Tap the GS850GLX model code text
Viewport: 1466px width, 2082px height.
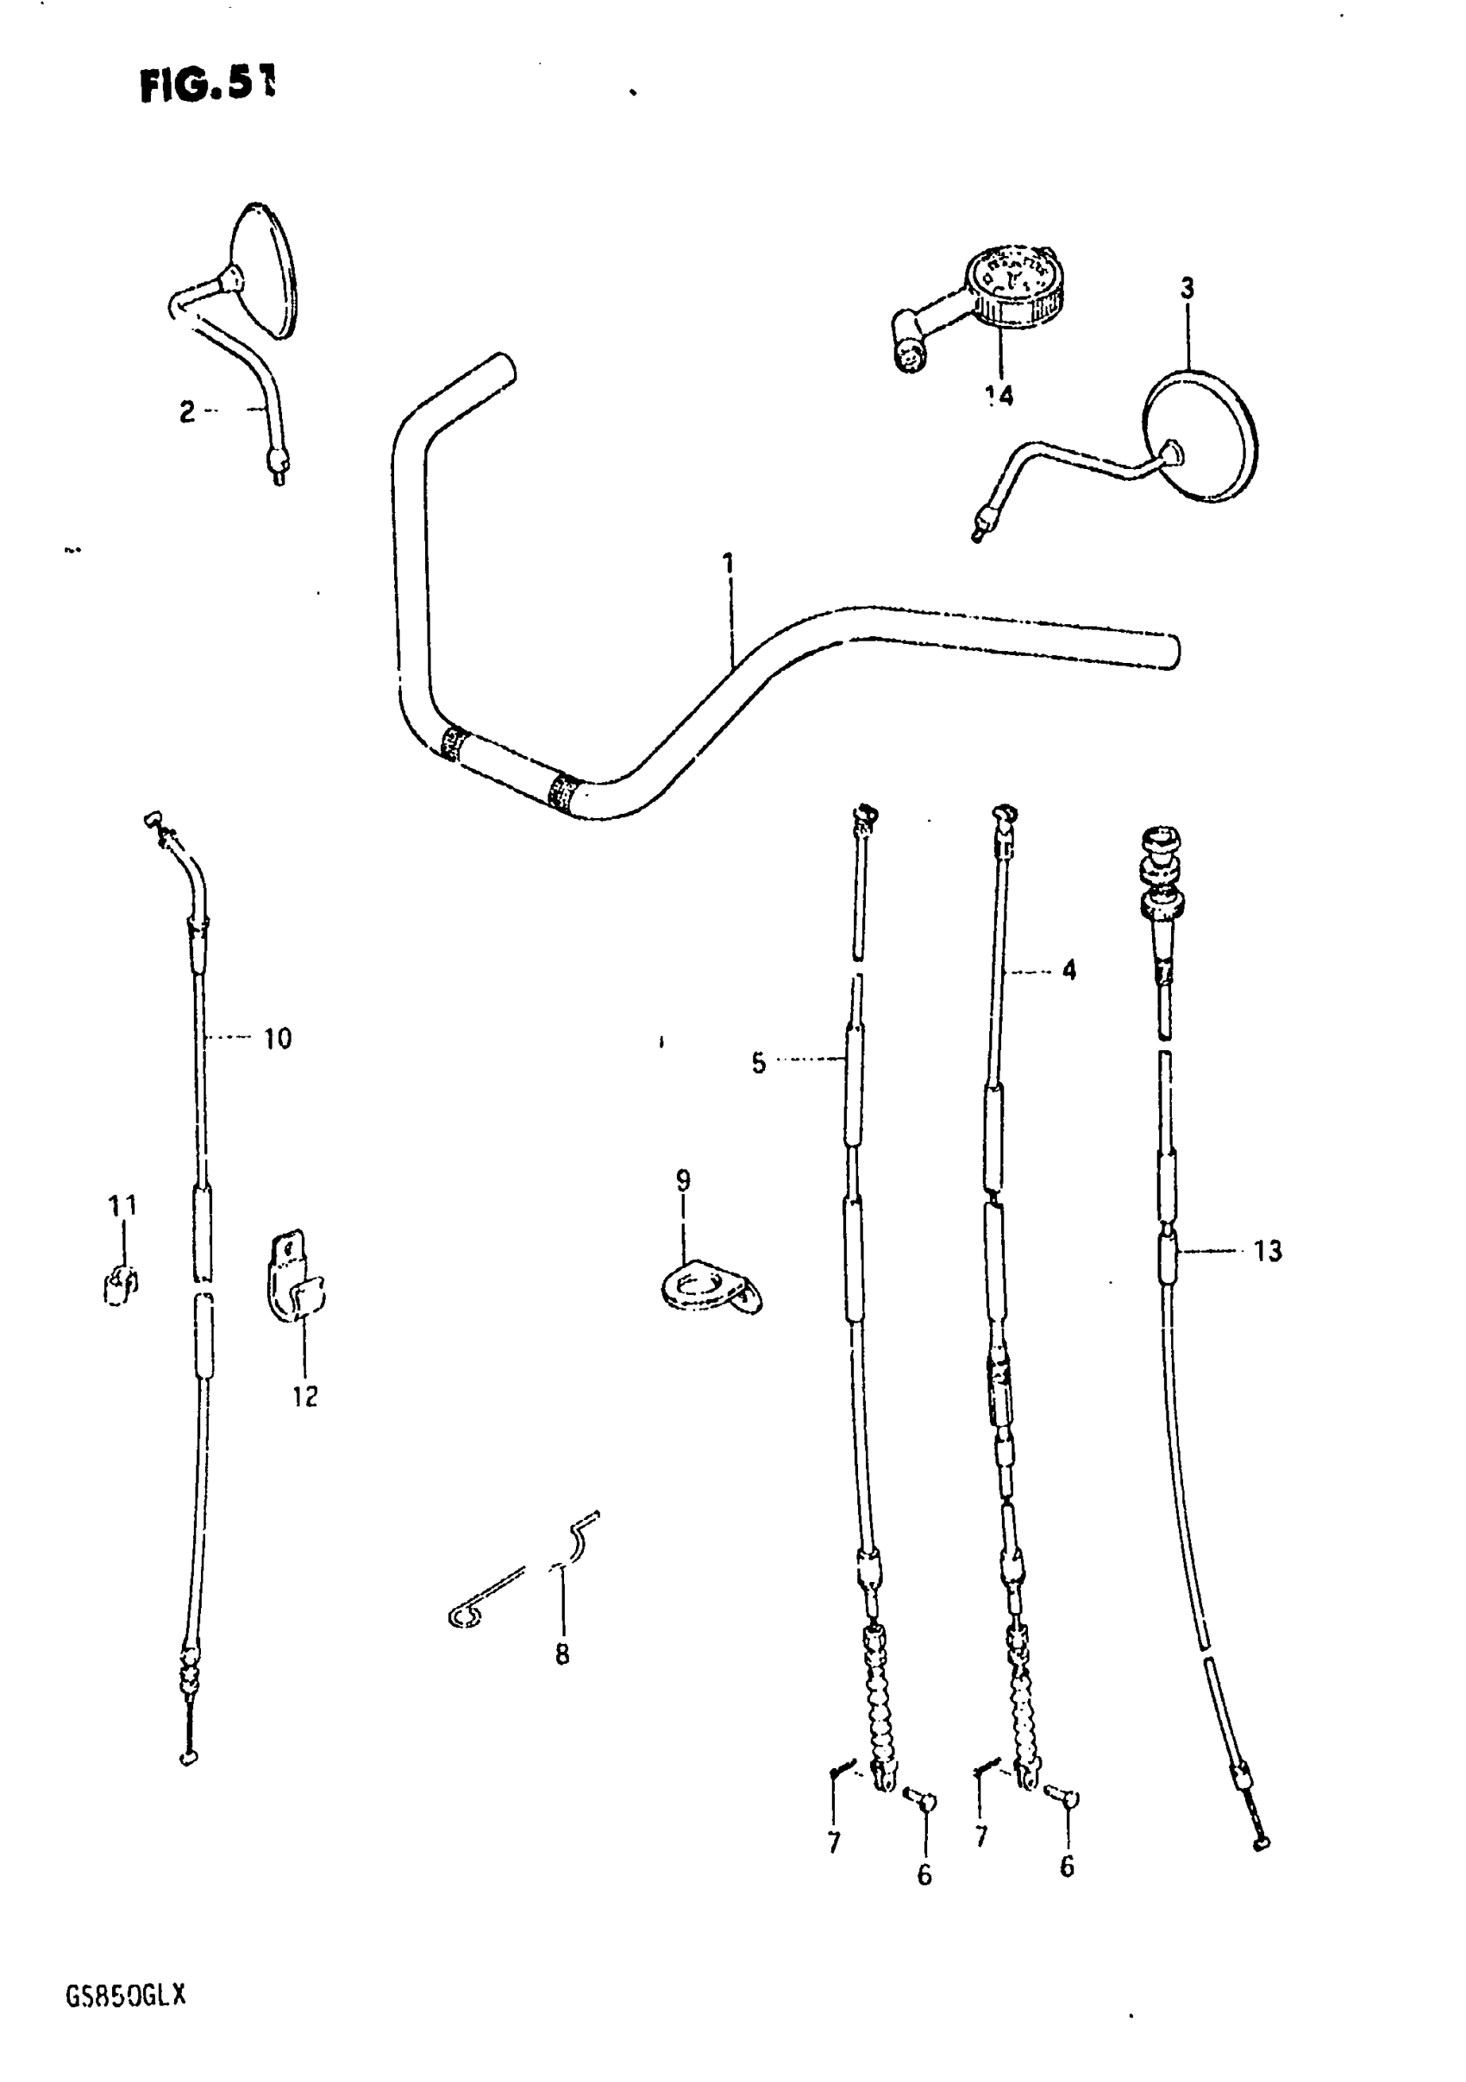pos(125,1996)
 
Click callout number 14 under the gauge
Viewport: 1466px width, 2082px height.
pos(999,396)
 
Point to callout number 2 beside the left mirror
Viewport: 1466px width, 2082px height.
pos(187,413)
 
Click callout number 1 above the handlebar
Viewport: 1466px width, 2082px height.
pos(729,564)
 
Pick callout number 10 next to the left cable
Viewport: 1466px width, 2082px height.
pos(278,1038)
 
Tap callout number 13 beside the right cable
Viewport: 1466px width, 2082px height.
pos(1268,1252)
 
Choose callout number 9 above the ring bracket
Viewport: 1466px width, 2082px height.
pos(682,1179)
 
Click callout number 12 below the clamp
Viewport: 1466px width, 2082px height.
pos(304,1397)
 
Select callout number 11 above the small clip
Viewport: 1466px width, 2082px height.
pos(122,1206)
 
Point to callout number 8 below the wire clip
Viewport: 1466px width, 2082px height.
pos(562,1655)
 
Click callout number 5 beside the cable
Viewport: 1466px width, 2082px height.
pos(758,1063)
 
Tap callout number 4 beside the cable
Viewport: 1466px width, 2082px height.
pos(1068,970)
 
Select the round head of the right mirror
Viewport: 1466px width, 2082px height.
pos(1200,436)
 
